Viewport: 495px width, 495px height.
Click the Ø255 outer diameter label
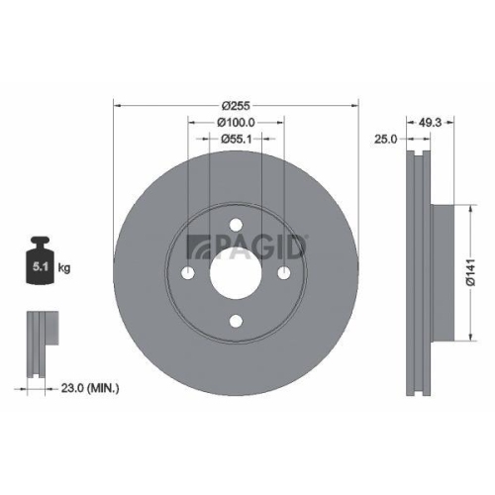tap(236, 104)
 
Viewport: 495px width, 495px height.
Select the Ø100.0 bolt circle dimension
tap(236, 122)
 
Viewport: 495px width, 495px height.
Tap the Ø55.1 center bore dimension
tap(236, 140)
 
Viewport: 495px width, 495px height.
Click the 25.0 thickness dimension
tap(386, 140)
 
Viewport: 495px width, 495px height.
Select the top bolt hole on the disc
tap(236, 227)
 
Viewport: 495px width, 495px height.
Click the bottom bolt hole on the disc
tap(236, 320)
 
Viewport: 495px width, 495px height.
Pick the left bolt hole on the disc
tap(189, 273)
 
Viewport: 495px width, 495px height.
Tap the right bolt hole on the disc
tap(283, 273)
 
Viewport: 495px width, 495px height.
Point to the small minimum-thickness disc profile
tap(39, 346)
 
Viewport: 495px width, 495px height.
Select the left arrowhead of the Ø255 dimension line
tap(119, 104)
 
